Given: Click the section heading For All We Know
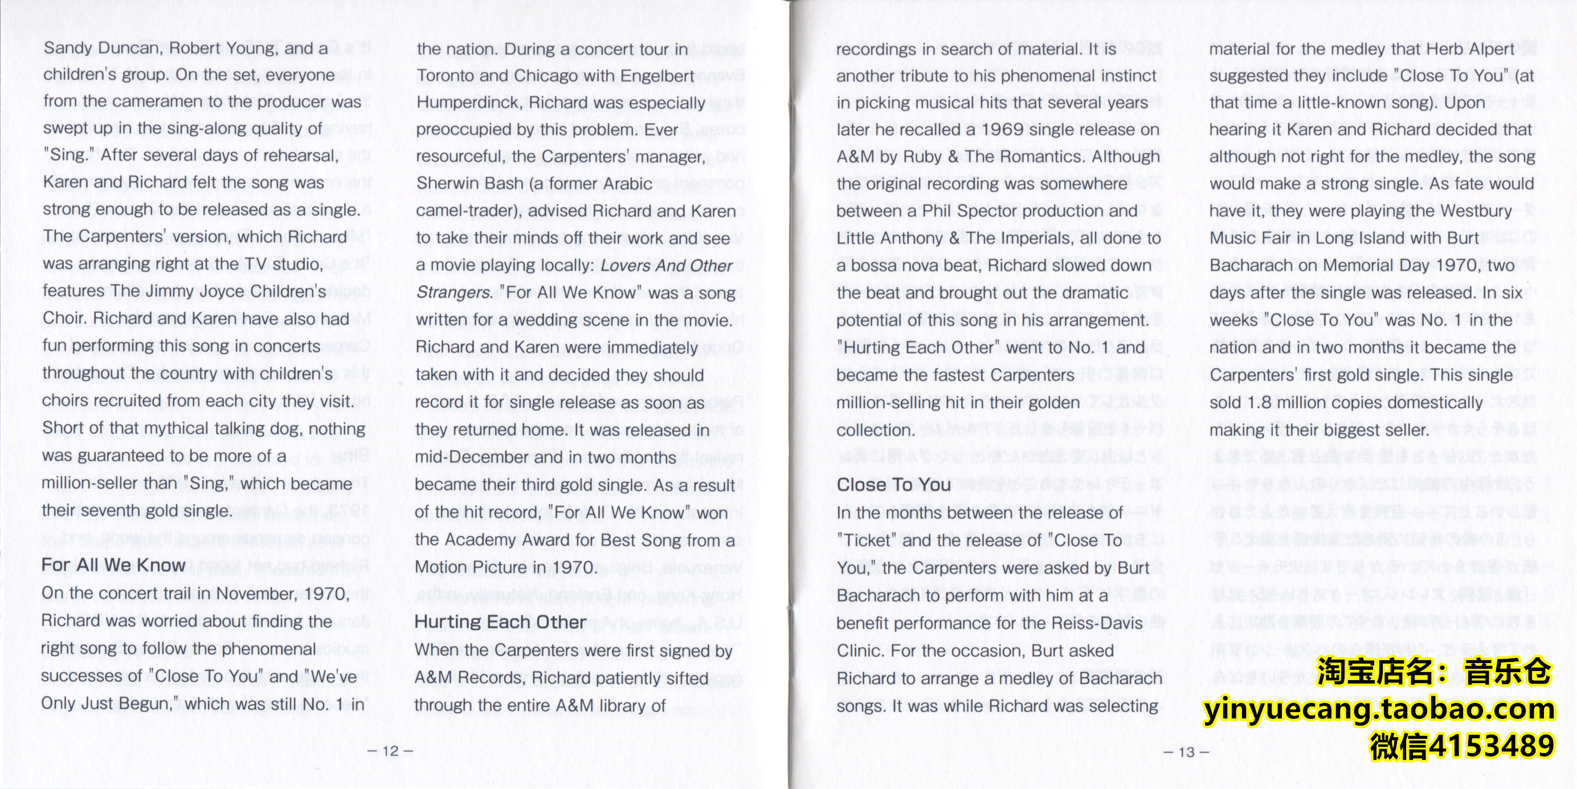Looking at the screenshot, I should point(113,565).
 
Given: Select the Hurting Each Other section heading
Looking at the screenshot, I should point(500,622).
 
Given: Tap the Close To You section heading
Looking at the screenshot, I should point(893,485).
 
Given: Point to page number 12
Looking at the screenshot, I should point(390,751).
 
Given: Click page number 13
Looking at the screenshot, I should point(1186,753).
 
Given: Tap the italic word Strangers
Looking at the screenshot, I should point(453,293).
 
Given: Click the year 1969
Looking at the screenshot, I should point(1003,129).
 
